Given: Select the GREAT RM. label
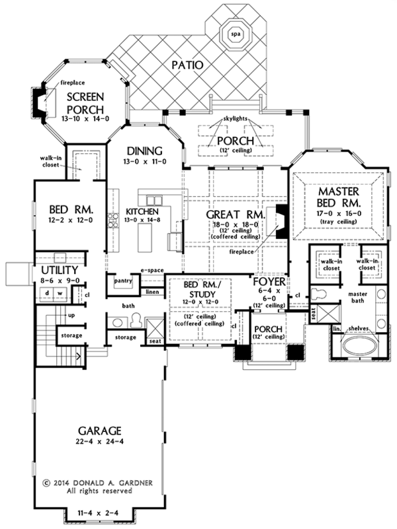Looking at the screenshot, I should (x=235, y=215).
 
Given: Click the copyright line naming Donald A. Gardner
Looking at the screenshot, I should (x=99, y=481).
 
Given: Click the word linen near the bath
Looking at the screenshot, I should (x=152, y=291).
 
